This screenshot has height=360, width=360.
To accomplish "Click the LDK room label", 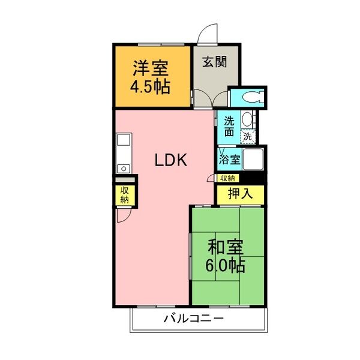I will pos(172,160).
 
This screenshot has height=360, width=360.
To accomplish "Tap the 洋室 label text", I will pos(151,66).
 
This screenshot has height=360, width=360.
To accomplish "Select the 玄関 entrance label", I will pos(214,62).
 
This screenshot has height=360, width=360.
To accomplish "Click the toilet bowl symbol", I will pos(252,96).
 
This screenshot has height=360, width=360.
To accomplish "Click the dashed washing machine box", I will pos(247,137).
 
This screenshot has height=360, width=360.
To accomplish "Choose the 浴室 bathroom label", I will pos(229,160).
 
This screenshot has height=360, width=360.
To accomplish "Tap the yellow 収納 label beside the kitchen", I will pos(124,194).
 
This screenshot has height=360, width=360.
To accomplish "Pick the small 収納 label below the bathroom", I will pos(227,178).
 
